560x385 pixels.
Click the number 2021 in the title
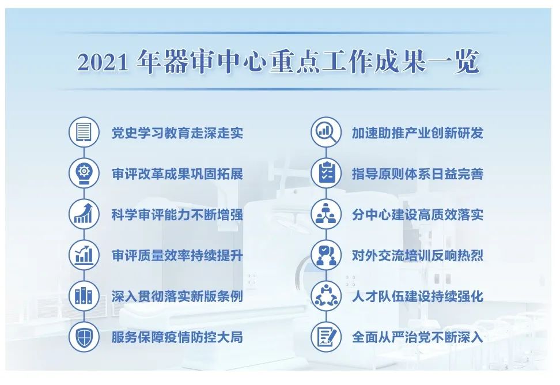tap(103, 62)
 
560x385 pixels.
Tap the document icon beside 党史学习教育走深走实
tap(84, 132)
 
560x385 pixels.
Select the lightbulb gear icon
tap(84, 173)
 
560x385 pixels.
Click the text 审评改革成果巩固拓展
tap(177, 174)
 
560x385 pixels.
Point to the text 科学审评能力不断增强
tap(177, 215)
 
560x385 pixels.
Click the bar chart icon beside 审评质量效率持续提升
tap(84, 255)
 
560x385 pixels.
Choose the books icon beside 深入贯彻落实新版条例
tap(84, 296)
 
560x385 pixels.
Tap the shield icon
tap(84, 337)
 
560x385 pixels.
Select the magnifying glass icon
tap(326, 132)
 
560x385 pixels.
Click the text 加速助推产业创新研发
tap(418, 133)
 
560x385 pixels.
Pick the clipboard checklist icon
tap(326, 173)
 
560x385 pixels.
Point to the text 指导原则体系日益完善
tap(418, 174)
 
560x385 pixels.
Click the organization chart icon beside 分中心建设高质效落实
tap(326, 214)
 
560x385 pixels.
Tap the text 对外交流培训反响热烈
tap(418, 256)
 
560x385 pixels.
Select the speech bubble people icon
tap(326, 255)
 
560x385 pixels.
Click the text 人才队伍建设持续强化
tap(418, 296)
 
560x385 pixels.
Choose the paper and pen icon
tap(326, 337)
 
